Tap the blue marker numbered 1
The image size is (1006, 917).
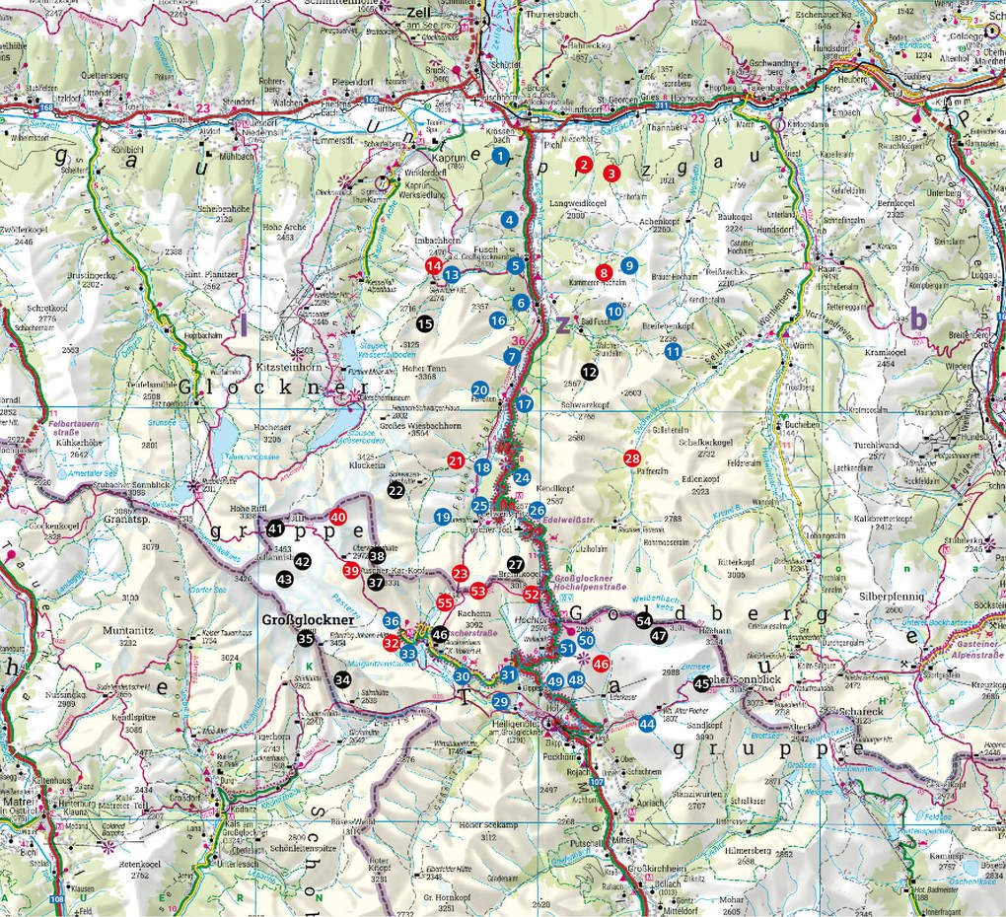tap(502, 156)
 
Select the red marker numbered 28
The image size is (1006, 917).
tap(632, 458)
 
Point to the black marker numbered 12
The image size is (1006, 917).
tap(589, 371)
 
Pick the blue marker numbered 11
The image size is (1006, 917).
tap(673, 351)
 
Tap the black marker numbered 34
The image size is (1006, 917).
tap(342, 679)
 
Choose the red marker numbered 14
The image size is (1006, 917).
tap(432, 265)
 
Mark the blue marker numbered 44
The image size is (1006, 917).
tap(647, 724)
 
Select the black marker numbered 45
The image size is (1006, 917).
tap(702, 683)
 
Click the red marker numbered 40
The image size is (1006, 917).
tap(338, 517)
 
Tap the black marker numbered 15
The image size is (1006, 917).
tap(425, 322)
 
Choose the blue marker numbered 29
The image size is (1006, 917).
tap(501, 701)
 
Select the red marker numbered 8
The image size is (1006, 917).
tap(605, 272)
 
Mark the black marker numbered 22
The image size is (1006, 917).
tap(395, 489)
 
